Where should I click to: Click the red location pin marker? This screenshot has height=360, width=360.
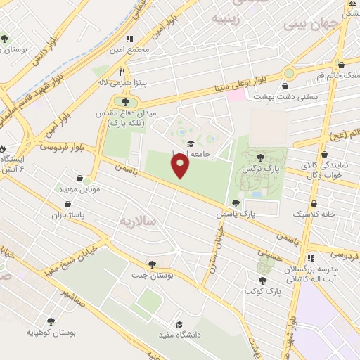click(181, 166)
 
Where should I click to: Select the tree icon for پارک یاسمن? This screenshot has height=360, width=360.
click(245, 202)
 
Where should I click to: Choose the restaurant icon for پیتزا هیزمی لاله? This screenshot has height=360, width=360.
click(122, 72)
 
